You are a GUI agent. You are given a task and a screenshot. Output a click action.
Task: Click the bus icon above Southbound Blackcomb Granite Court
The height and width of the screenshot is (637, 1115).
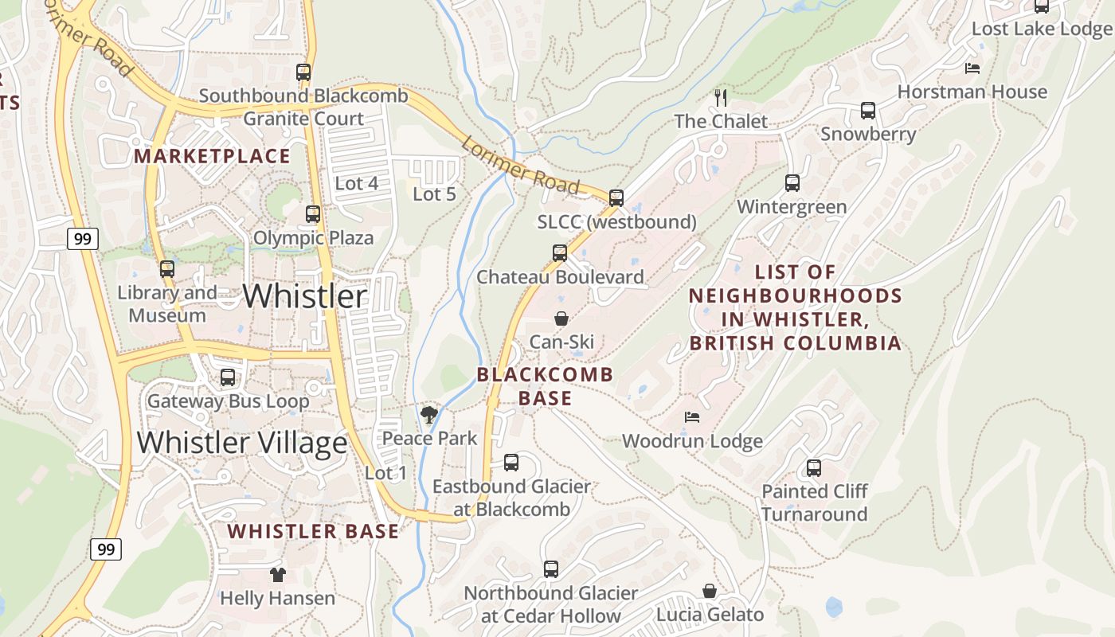[303, 72]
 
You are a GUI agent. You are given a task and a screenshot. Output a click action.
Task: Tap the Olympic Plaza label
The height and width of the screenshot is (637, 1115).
[313, 237]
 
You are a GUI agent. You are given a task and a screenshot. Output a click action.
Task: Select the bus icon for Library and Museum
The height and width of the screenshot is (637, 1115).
[166, 269]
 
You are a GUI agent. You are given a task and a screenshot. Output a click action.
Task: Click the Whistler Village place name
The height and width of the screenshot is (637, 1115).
[242, 442]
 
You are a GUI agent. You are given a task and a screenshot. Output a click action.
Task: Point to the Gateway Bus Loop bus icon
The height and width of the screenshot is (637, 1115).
[228, 377]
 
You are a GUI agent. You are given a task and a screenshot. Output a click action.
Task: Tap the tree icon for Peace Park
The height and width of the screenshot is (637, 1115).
[429, 414]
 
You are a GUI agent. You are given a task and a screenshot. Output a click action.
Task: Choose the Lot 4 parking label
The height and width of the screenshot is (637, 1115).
[356, 183]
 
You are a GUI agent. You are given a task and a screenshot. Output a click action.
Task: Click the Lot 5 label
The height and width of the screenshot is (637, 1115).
[434, 193]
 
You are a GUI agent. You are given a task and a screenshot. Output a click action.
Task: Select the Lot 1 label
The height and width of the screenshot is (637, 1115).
[385, 473]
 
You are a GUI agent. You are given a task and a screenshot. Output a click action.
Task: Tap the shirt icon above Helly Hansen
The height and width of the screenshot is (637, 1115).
[277, 574]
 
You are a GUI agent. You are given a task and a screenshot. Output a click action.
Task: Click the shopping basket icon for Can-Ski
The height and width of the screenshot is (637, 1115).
[561, 318]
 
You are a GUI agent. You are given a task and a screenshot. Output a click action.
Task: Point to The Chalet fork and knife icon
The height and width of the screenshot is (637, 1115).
[721, 98]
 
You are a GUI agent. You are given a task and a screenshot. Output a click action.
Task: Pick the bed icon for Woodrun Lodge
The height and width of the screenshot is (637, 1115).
[692, 417]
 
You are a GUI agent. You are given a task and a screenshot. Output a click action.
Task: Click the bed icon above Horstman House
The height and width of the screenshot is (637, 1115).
[972, 68]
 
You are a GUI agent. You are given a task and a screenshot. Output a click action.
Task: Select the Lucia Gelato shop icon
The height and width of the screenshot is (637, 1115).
[710, 591]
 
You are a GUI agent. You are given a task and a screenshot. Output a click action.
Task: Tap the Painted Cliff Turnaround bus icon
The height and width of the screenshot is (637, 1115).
[814, 468]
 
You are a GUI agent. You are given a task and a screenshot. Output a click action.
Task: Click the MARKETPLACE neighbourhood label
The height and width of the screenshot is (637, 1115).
[212, 156]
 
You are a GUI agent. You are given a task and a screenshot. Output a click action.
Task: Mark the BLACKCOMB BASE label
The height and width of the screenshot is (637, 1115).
[546, 386]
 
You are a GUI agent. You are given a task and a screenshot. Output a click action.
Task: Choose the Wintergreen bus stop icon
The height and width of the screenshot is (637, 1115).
[792, 183]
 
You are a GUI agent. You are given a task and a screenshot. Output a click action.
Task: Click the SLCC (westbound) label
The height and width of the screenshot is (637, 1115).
[616, 222]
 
